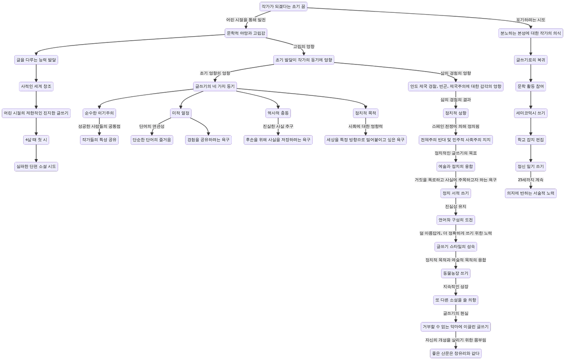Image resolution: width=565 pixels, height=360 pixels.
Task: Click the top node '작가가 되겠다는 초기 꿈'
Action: pyautogui.click(x=282, y=7)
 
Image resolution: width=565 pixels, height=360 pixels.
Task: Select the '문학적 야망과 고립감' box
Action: pyautogui.click(x=246, y=33)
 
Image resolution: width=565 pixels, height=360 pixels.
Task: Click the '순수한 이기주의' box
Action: pyautogui.click(x=100, y=113)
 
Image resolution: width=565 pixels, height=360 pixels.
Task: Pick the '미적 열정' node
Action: pyautogui.click(x=180, y=113)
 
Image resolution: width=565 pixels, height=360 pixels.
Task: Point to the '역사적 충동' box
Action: pyautogui.click(x=278, y=113)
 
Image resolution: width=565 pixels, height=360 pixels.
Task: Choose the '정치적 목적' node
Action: pyautogui.click(x=366, y=113)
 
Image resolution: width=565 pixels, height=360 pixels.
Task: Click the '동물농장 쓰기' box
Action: pyautogui.click(x=456, y=273)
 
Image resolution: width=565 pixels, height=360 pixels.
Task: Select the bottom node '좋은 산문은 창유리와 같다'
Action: pyautogui.click(x=456, y=353)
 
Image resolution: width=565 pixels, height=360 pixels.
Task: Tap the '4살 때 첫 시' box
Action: pyautogui.click(x=36, y=140)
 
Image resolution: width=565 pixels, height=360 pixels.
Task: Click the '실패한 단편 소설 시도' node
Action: pyautogui.click(x=36, y=167)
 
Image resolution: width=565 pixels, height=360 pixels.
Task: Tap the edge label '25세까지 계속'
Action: pyautogui.click(x=531, y=180)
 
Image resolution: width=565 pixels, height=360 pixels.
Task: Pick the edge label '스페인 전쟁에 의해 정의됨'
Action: pyautogui.click(x=456, y=126)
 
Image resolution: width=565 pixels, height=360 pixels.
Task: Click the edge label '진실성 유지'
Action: pyautogui.click(x=456, y=206)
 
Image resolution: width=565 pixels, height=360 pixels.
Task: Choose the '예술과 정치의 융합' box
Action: pyautogui.click(x=456, y=167)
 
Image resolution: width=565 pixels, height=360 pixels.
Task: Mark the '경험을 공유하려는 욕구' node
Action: pyautogui.click(x=208, y=140)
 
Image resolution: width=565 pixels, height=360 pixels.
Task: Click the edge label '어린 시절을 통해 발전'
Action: pyautogui.click(x=246, y=20)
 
